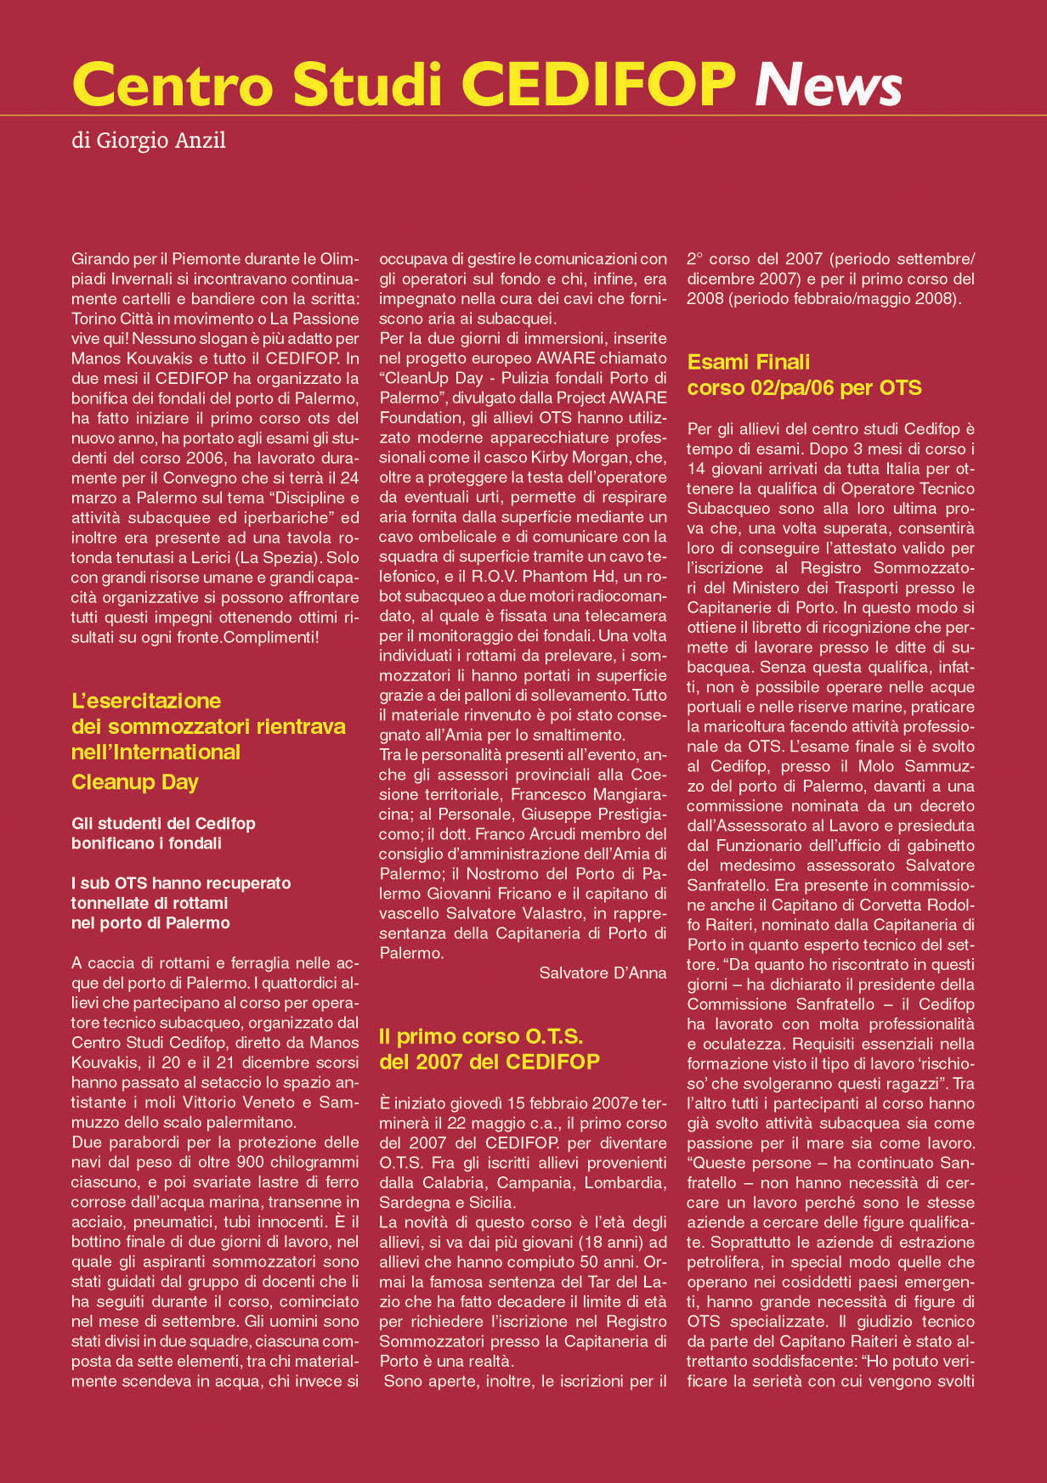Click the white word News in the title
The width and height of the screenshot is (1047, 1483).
click(828, 85)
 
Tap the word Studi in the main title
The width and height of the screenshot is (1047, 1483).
click(368, 85)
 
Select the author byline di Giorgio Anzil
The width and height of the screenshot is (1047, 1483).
click(149, 140)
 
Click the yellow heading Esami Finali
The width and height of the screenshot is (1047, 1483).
click(748, 363)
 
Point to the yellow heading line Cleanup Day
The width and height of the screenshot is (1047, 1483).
click(134, 782)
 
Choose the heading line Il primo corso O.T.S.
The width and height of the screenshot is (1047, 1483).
click(480, 1036)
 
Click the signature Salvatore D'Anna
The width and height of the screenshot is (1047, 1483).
click(603, 973)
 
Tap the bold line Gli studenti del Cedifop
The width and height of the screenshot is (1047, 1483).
click(163, 824)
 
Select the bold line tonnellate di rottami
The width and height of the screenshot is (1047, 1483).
click(150, 903)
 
